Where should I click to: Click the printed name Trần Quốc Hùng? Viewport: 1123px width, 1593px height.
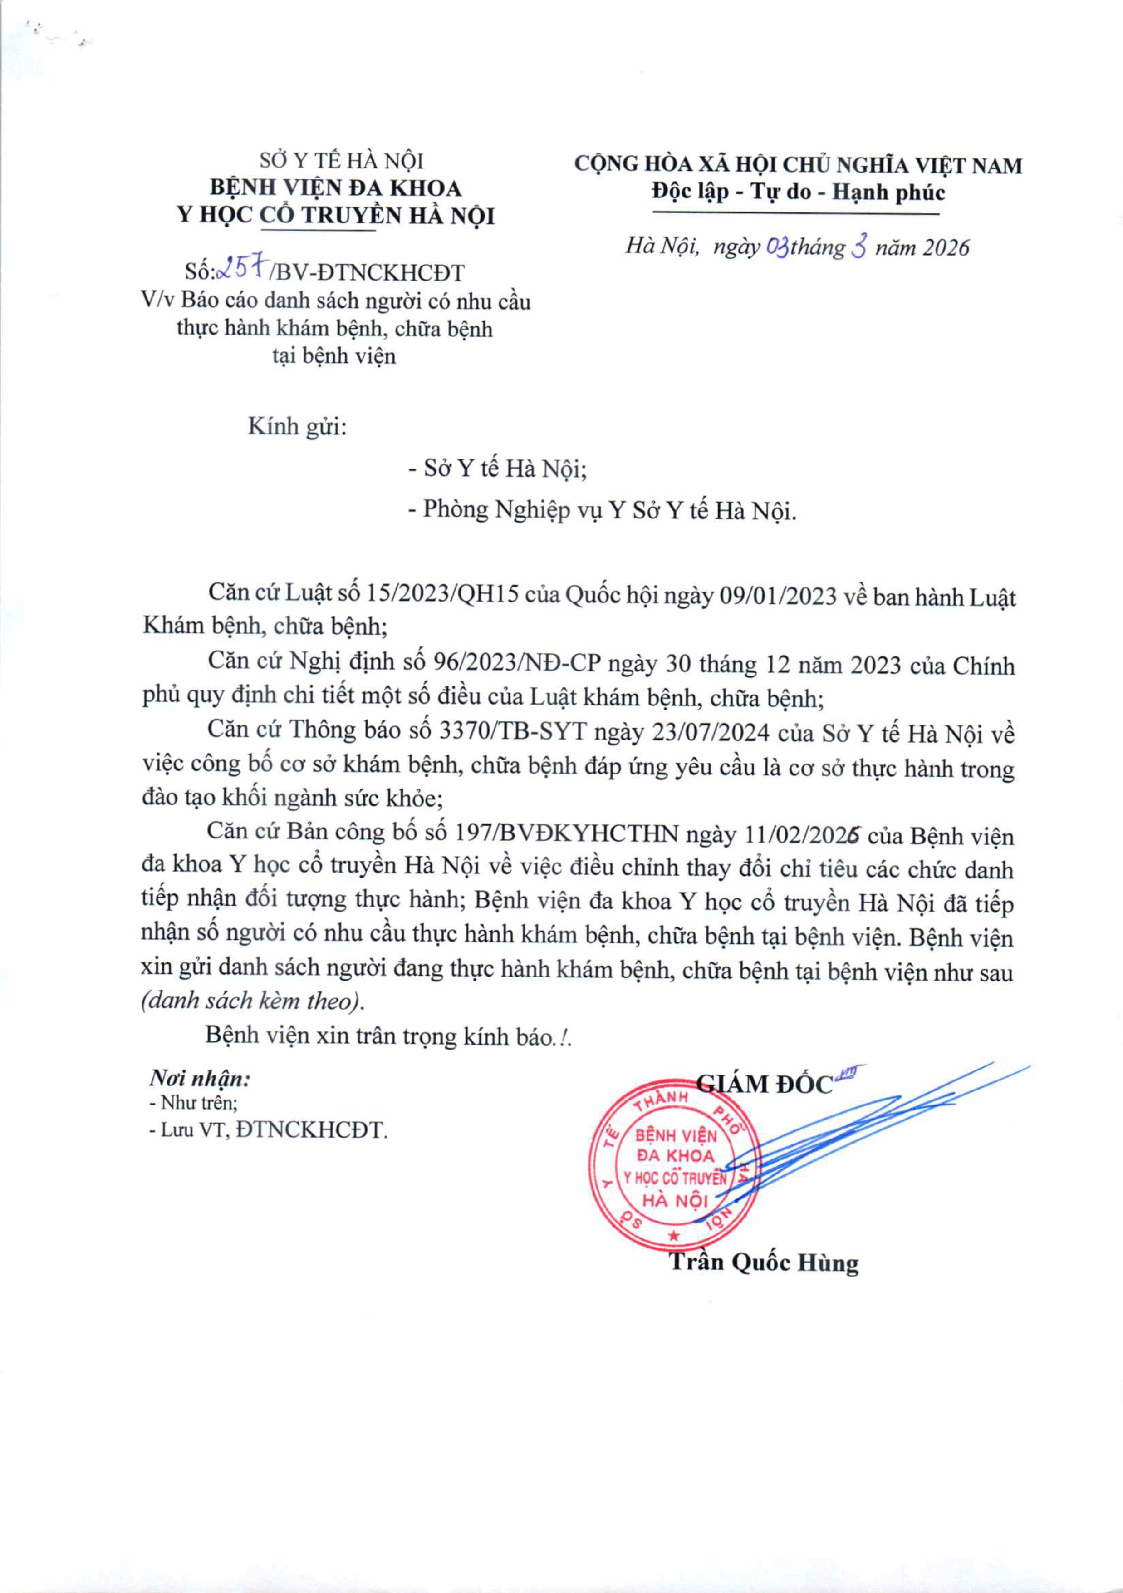(x=764, y=1262)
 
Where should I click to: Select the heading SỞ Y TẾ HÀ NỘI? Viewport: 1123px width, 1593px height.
(x=341, y=161)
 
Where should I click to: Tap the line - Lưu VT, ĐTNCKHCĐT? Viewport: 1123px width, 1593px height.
(x=268, y=1131)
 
